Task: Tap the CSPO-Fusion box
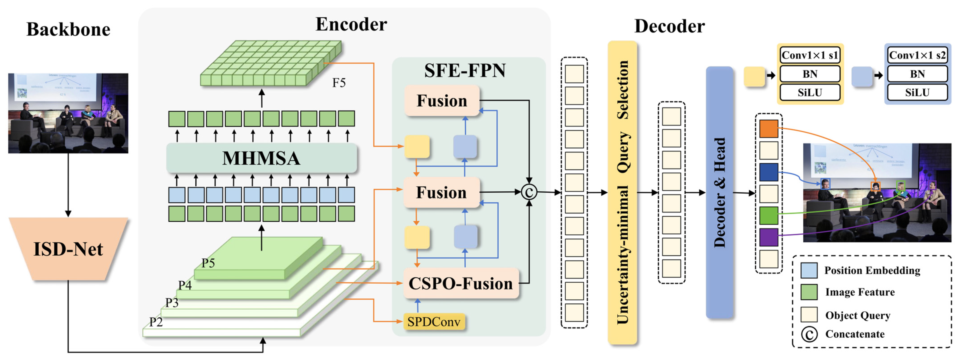pos(461,283)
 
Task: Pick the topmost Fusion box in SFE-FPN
pos(442,101)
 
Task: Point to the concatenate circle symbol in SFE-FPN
pos(529,192)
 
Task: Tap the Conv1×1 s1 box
pos(810,55)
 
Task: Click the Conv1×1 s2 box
pos(917,55)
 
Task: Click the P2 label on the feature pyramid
pos(156,322)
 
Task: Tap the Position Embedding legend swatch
pos(809,270)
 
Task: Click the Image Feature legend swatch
pos(809,292)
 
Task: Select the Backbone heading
pos(68,29)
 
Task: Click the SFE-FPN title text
pos(465,70)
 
